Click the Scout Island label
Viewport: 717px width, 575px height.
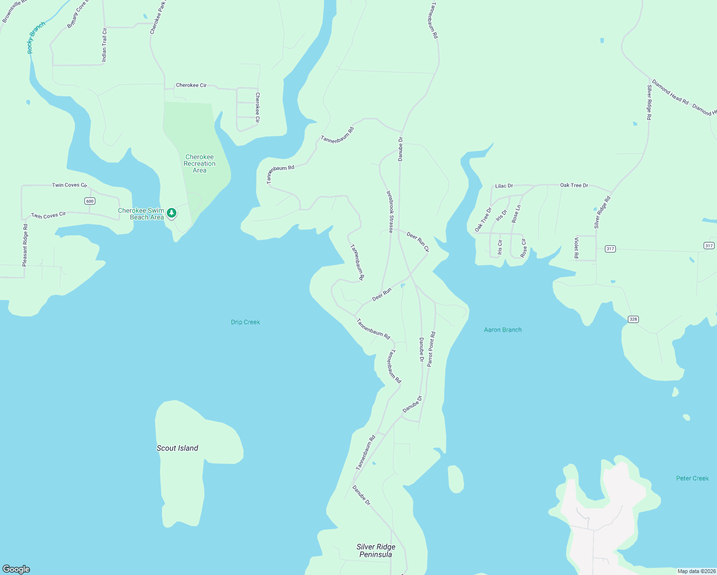pyautogui.click(x=177, y=448)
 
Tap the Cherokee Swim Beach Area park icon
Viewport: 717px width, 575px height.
pyautogui.click(x=172, y=213)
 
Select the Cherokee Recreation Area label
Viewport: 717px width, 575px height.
pyautogui.click(x=199, y=163)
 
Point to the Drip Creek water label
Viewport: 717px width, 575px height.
pyautogui.click(x=245, y=322)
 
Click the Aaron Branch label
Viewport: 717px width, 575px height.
pyautogui.click(x=503, y=330)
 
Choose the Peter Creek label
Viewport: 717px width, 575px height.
pyautogui.click(x=692, y=478)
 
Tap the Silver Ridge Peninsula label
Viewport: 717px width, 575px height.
pyautogui.click(x=376, y=551)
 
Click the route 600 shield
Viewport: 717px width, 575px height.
pyautogui.click(x=90, y=201)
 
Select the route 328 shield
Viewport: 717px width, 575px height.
pyautogui.click(x=634, y=319)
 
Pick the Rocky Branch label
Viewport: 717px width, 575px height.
pyautogui.click(x=36, y=37)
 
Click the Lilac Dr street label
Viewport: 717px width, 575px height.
pyautogui.click(x=504, y=186)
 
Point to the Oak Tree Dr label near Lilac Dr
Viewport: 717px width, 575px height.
pyautogui.click(x=574, y=185)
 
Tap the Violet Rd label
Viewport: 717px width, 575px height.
pyautogui.click(x=577, y=248)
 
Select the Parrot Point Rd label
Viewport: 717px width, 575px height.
pyautogui.click(x=431, y=349)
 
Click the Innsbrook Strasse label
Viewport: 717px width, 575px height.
pyautogui.click(x=390, y=212)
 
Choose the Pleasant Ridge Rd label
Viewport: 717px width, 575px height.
pyautogui.click(x=25, y=245)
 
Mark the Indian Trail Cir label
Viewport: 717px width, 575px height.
pyautogui.click(x=104, y=45)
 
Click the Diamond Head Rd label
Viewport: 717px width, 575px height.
pyautogui.click(x=670, y=92)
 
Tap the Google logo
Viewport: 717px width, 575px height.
pyautogui.click(x=16, y=569)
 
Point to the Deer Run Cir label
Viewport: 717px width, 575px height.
pyautogui.click(x=418, y=241)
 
